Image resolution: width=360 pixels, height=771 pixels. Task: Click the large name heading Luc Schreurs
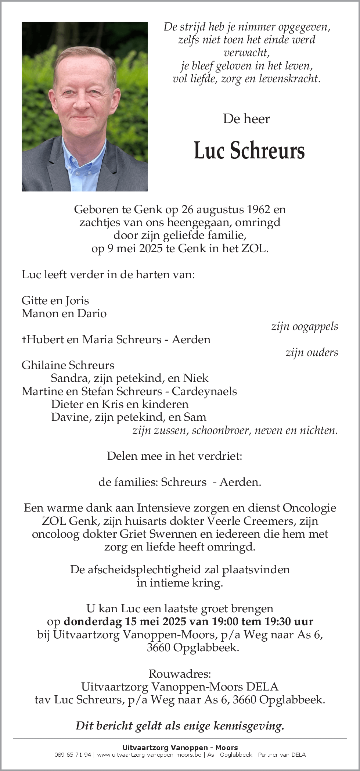tap(249, 150)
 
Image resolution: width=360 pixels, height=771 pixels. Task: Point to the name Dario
tap(94, 313)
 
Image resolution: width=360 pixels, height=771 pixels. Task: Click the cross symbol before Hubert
tap(24, 340)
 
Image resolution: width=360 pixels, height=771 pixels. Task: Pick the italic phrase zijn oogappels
tap(305, 326)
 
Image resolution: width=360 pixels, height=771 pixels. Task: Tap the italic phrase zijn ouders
tap(312, 352)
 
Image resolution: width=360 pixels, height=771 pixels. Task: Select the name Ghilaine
tap(44, 365)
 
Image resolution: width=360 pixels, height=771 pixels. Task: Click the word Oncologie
tap(309, 508)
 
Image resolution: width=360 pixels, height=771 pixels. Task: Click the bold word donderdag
tap(93, 621)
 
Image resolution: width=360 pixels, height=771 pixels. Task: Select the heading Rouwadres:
tap(180, 674)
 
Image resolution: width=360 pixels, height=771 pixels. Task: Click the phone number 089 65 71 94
tap(73, 754)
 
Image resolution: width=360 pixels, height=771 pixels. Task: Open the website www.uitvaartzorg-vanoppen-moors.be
tap(149, 754)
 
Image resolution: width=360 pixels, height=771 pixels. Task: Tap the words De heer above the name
tap(246, 119)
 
